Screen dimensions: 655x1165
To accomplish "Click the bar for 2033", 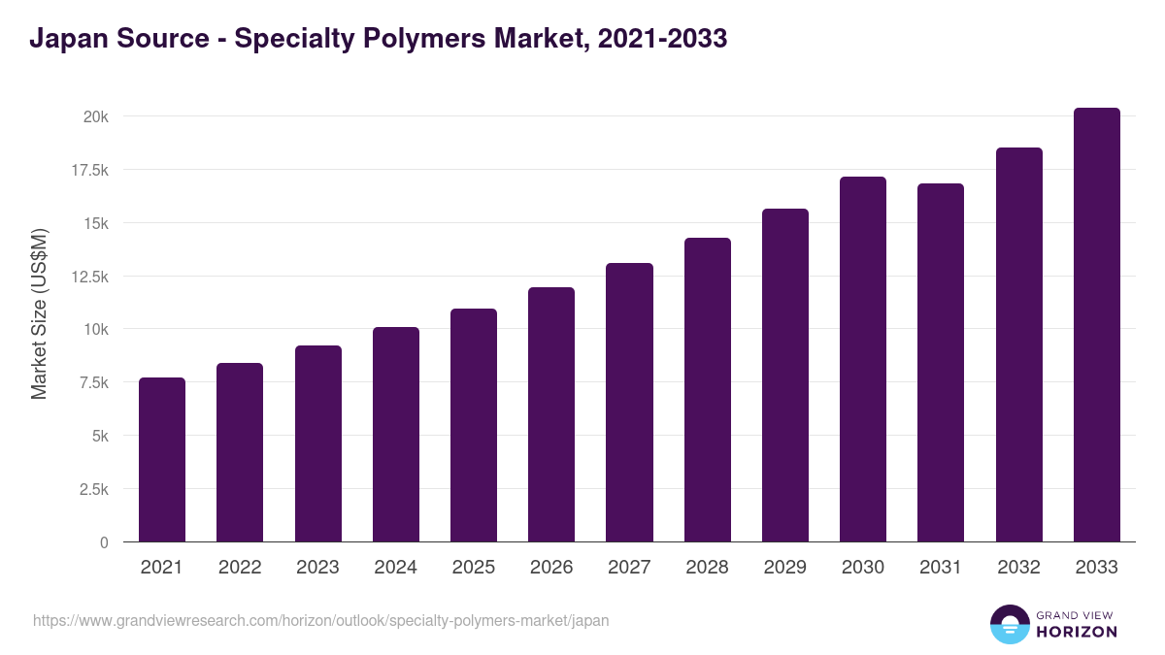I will coord(1096,324).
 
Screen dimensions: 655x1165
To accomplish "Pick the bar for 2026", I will coord(551,414).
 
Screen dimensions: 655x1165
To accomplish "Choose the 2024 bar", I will coord(396,434).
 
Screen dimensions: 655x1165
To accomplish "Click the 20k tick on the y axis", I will coord(95,116).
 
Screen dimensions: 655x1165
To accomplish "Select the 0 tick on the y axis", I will coord(104,542).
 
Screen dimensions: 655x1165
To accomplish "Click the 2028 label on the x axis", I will coord(707,568).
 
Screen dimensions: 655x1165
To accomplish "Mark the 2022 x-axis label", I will coord(240,568).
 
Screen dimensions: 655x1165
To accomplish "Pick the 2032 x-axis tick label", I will coord(1018,568).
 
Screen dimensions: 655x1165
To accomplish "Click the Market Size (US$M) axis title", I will coord(39,313).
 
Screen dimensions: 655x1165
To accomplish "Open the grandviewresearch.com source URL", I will coord(321,620).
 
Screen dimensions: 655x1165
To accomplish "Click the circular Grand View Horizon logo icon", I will coord(1009,624).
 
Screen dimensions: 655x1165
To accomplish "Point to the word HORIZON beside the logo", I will coord(1077,632).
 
